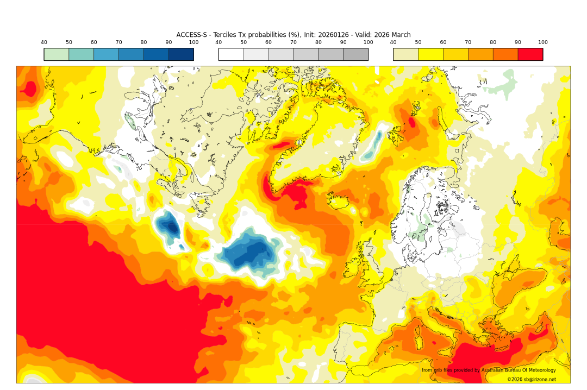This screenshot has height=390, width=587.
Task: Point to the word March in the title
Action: coord(400,35)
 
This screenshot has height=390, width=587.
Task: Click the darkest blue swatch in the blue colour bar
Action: coord(181,54)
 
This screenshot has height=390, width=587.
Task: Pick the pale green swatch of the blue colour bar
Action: coord(57,54)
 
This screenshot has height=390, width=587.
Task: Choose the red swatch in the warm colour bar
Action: coord(530,54)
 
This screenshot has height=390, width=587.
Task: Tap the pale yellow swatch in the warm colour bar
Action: coord(405,54)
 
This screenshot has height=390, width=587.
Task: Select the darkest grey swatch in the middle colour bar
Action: coord(355,54)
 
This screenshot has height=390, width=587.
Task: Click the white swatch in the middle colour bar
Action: coord(231,54)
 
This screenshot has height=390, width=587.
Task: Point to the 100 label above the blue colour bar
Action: coord(193,42)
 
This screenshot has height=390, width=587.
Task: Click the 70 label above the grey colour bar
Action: coord(293,42)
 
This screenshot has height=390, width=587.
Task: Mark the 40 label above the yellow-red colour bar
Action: coord(393,42)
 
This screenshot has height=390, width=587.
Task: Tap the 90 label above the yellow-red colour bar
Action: coord(518,42)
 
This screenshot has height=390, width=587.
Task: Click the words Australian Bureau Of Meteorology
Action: coord(519,370)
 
